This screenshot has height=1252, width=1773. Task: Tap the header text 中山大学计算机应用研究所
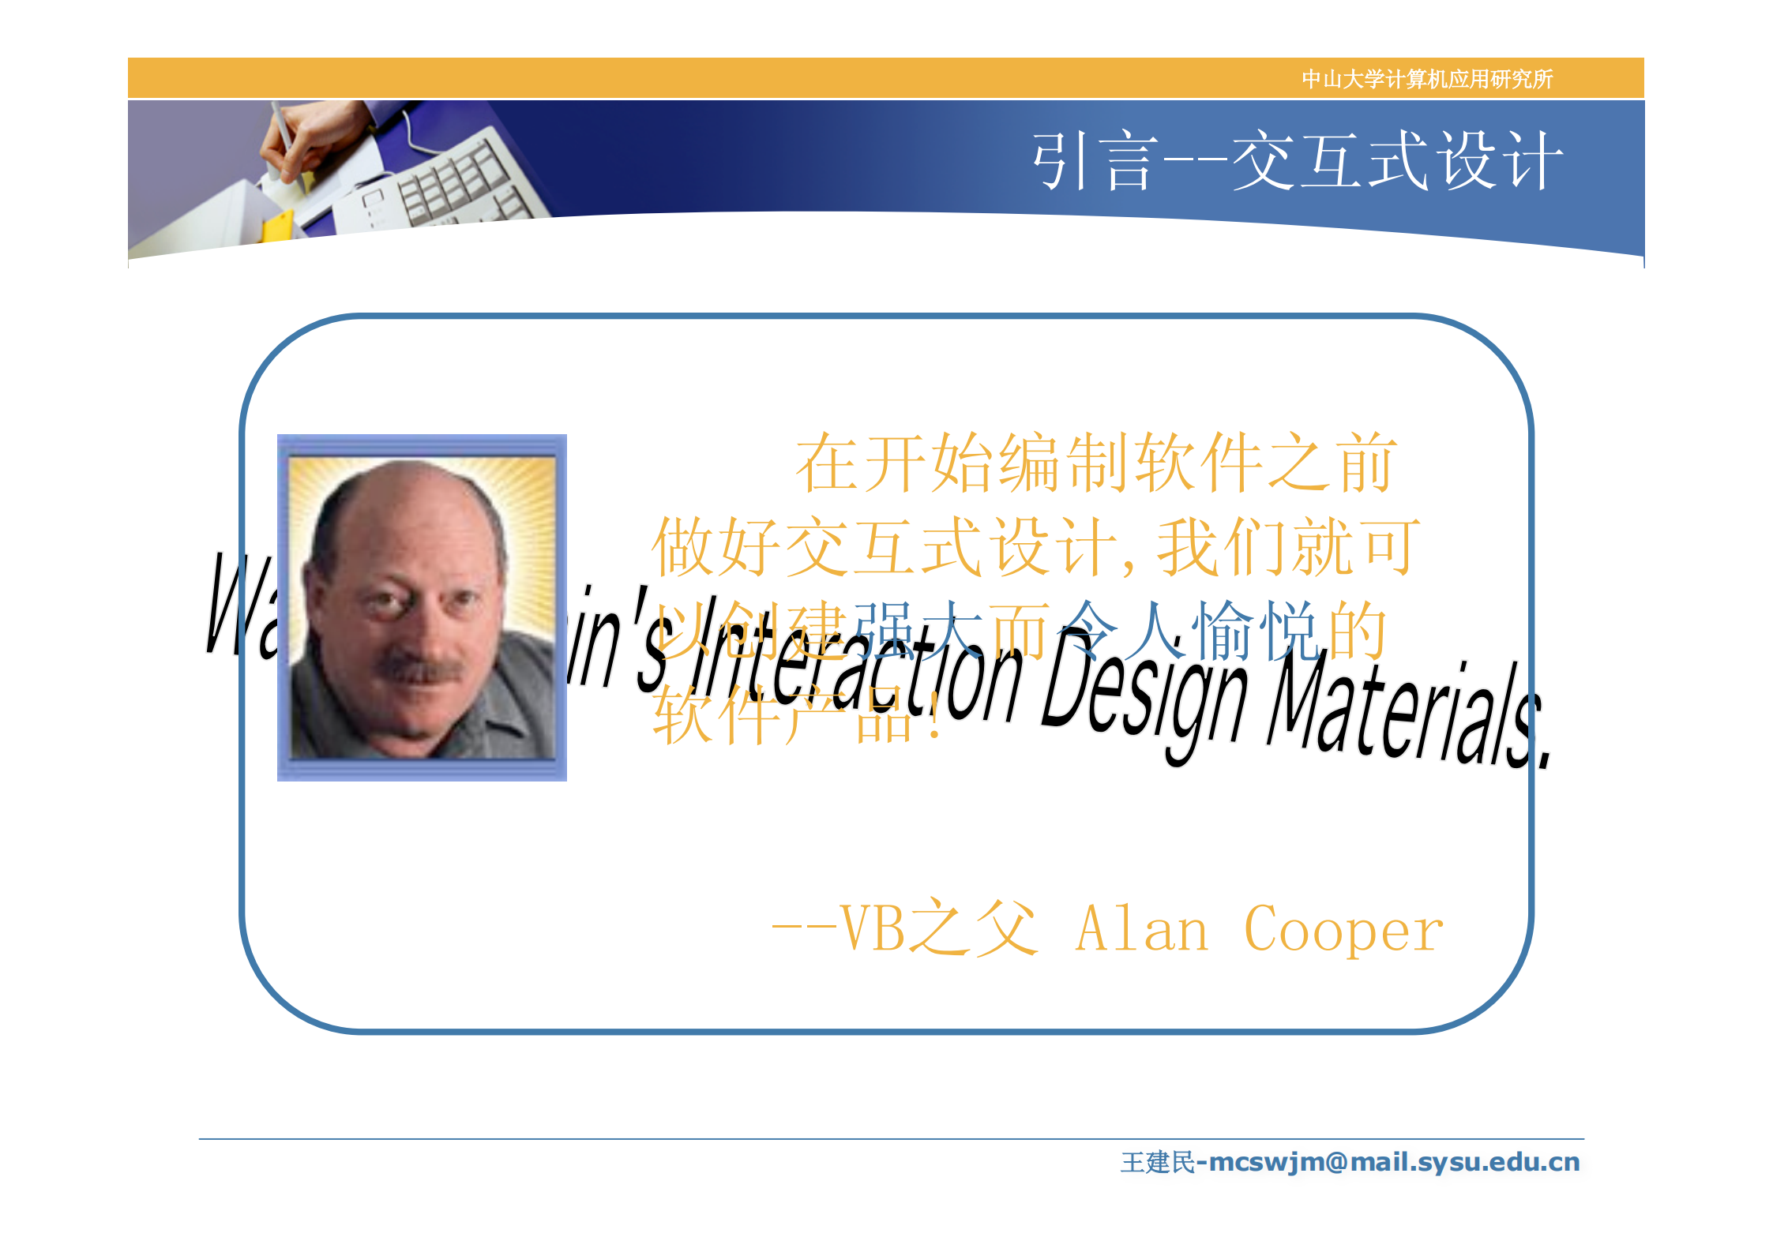[1426, 79]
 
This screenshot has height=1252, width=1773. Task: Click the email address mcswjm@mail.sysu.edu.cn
[1394, 1162]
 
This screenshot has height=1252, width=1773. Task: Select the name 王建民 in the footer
[1157, 1162]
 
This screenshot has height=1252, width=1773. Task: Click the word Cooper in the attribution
[1343, 930]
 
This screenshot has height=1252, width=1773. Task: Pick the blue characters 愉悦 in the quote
[1256, 630]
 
